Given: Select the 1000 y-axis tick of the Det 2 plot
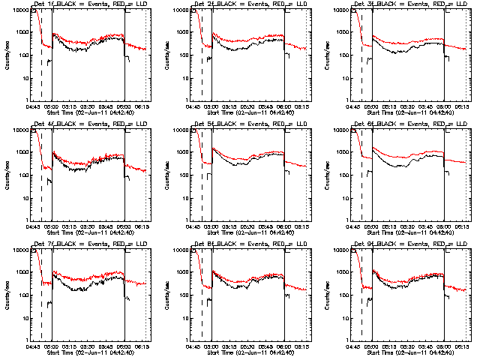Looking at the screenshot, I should [184, 33].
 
